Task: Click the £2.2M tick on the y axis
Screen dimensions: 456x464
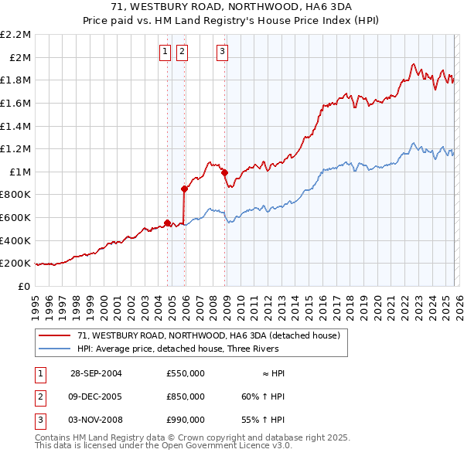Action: [x=15, y=35]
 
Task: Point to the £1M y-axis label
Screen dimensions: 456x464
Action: [x=19, y=172]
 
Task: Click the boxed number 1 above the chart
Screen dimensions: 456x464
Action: [x=165, y=52]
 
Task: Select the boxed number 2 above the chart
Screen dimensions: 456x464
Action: [x=182, y=52]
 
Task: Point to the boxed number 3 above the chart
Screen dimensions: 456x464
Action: [x=222, y=52]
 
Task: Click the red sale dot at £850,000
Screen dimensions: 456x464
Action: [x=184, y=188]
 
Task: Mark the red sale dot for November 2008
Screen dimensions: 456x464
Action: [x=224, y=173]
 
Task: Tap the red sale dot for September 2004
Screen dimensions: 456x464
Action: [x=167, y=223]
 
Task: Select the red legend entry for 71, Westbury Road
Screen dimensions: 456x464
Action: [x=213, y=335]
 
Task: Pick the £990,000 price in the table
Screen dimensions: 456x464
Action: [x=185, y=420]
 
